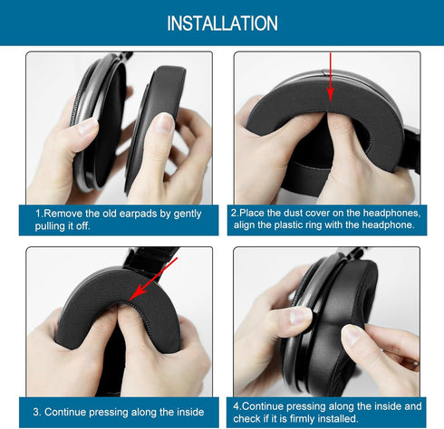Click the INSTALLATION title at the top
(222, 24)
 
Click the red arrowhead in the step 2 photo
(331, 94)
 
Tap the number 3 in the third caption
(36, 412)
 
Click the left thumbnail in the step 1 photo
(88, 126)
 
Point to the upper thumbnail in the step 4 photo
(300, 316)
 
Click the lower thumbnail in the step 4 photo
(352, 336)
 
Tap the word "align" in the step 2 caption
(245, 225)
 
